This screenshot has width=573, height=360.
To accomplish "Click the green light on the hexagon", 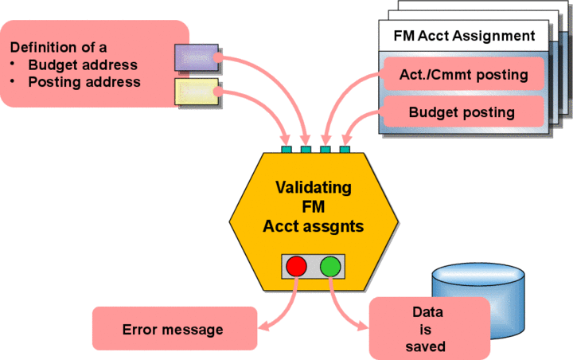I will click(330, 265).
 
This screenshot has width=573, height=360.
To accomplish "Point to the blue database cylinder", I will click(478, 295).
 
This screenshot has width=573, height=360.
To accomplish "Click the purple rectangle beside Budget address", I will click(196, 58).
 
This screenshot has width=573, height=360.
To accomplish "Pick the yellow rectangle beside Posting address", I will click(196, 90).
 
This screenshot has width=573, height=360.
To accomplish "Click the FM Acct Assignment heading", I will click(465, 36).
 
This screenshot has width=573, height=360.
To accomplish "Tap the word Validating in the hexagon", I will click(313, 188).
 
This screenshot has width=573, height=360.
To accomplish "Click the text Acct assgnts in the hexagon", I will click(313, 225).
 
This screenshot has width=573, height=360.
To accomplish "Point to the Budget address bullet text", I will click(83, 65).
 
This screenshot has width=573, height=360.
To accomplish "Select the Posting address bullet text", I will click(84, 81).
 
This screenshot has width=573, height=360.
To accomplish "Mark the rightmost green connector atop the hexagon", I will click(345, 149).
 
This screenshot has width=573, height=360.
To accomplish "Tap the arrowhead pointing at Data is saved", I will click(364, 326).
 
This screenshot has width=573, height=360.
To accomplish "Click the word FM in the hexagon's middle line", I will click(313, 207).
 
